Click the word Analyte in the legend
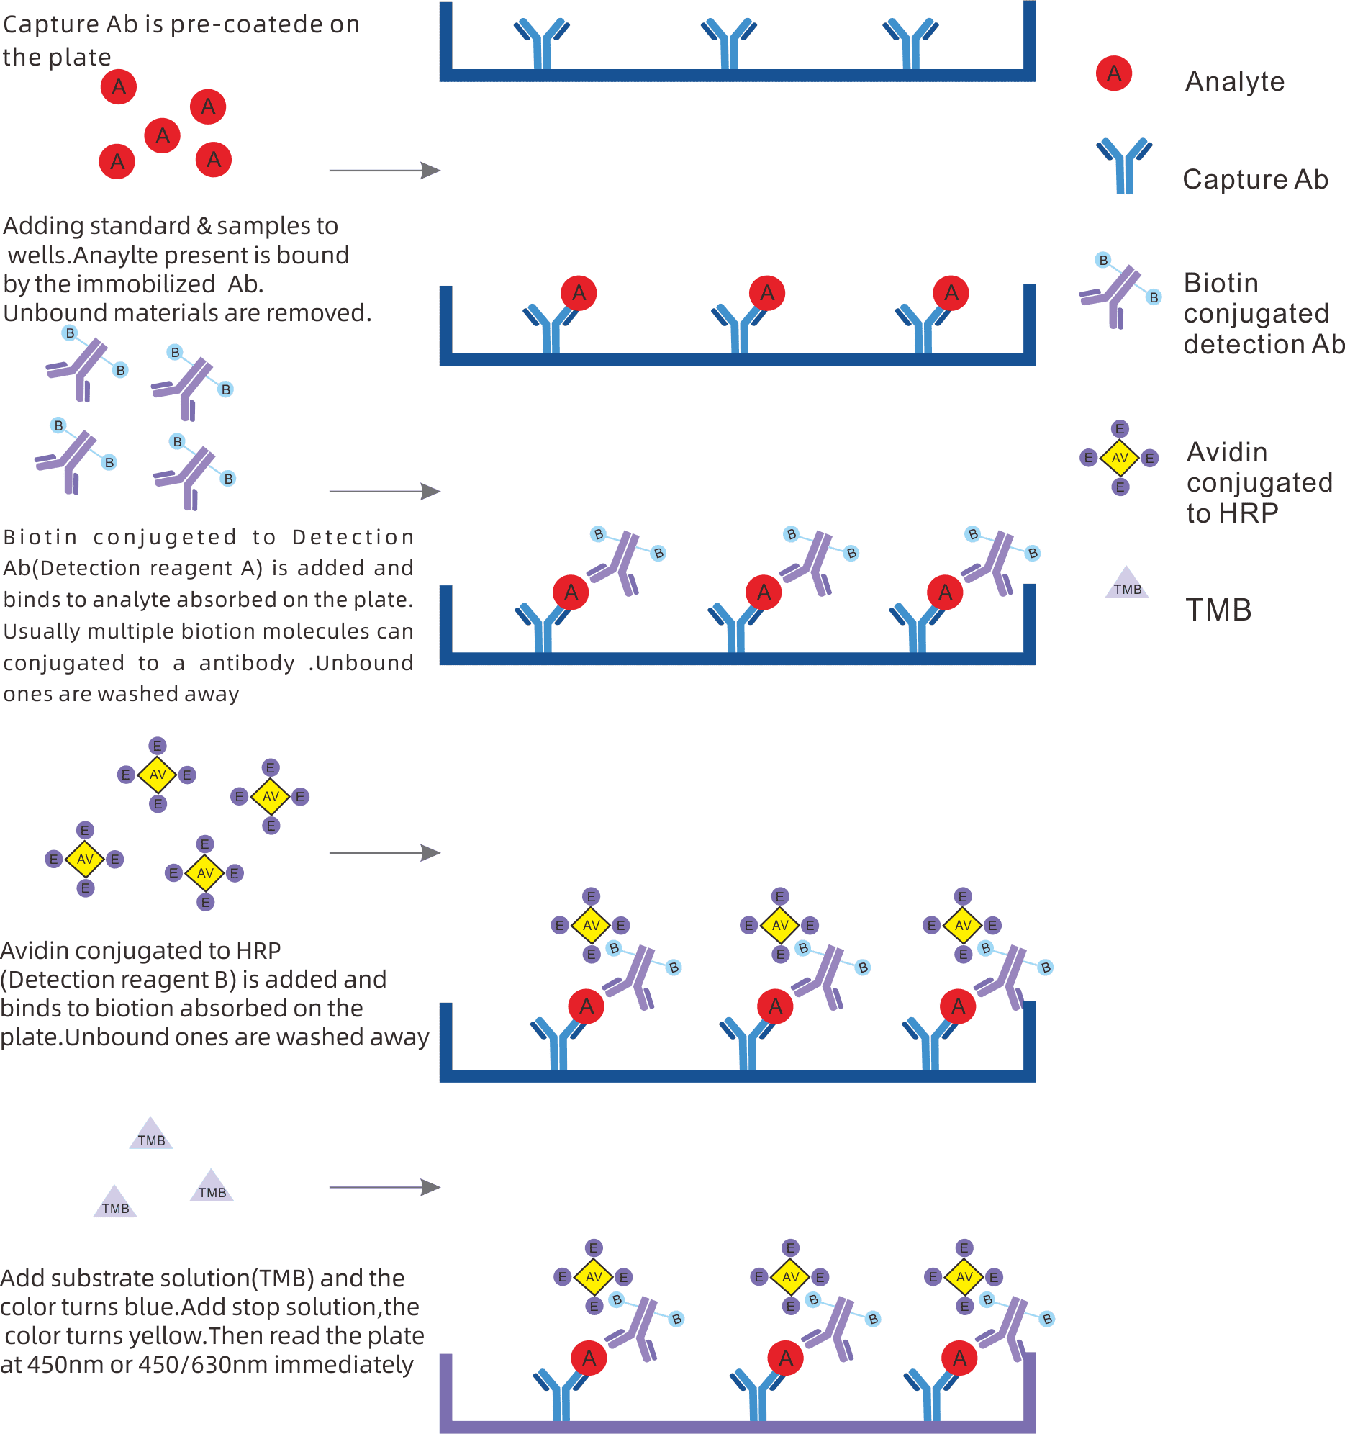[x=1234, y=81]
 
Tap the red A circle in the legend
[x=1113, y=73]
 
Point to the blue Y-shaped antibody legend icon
[x=1123, y=166]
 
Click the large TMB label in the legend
[x=1218, y=610]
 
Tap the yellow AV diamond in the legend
[x=1119, y=458]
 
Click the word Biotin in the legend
[x=1221, y=283]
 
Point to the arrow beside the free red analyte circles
[x=384, y=171]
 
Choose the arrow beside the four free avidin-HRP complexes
[x=384, y=853]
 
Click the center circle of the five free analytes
[x=162, y=135]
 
